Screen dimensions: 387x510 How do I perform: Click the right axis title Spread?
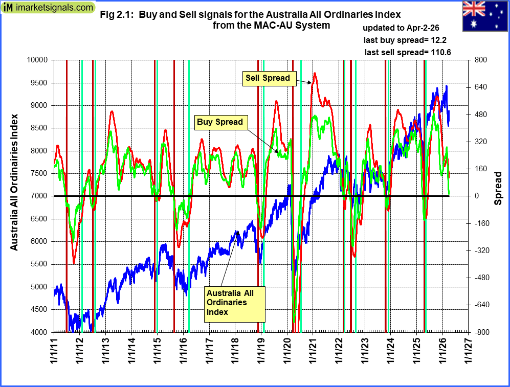tap(498, 188)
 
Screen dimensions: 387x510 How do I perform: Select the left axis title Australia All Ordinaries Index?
tap(15, 181)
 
